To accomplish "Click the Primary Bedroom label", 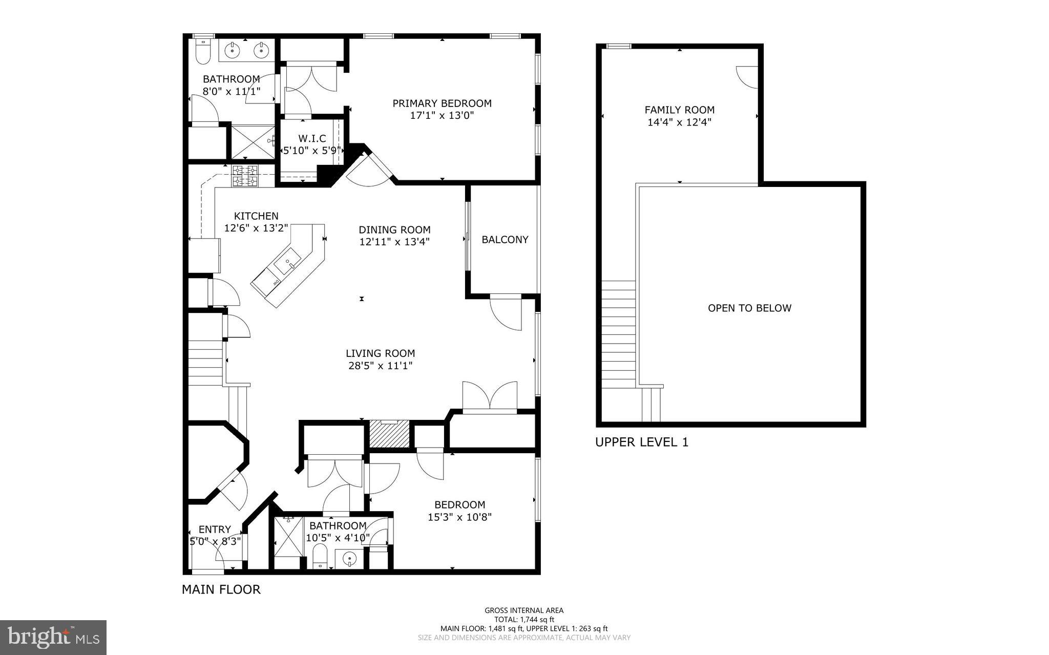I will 442,103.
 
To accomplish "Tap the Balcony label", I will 505,240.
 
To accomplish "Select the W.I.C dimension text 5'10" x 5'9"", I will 312,151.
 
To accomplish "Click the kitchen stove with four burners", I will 245,176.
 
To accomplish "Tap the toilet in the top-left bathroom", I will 203,52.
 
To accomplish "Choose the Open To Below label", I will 749,308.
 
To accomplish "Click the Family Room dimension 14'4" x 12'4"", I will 679,122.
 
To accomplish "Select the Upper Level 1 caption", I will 641,442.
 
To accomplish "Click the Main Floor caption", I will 221,589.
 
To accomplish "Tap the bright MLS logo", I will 53,637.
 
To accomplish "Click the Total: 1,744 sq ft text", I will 524,619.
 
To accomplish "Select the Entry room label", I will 215,530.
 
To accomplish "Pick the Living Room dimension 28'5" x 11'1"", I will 380,366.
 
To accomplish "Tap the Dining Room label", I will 394,230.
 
